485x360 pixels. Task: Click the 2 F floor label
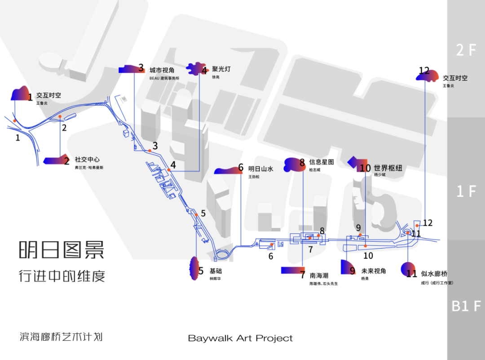[x=466, y=50]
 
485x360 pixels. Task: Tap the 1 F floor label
[x=466, y=191]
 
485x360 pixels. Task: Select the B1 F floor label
[x=466, y=307]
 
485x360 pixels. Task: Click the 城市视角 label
[x=162, y=70]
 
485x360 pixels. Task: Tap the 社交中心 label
[x=87, y=160]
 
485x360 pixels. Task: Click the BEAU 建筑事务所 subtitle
[x=164, y=78]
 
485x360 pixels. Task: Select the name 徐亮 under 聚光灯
[x=216, y=77]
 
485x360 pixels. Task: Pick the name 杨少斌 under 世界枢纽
[x=379, y=175]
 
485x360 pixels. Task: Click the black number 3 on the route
[x=155, y=146]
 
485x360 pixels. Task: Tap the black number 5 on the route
[x=203, y=213]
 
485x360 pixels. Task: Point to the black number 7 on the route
[x=310, y=249]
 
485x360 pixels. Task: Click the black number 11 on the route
[x=416, y=233]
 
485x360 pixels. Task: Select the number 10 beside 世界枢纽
[x=365, y=169]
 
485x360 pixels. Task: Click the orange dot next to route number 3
[x=149, y=150]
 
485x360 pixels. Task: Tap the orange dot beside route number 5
[x=196, y=215]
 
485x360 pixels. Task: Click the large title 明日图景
[x=62, y=250]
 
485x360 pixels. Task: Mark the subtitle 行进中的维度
[x=62, y=276]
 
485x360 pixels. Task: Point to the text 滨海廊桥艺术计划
[x=61, y=337]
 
